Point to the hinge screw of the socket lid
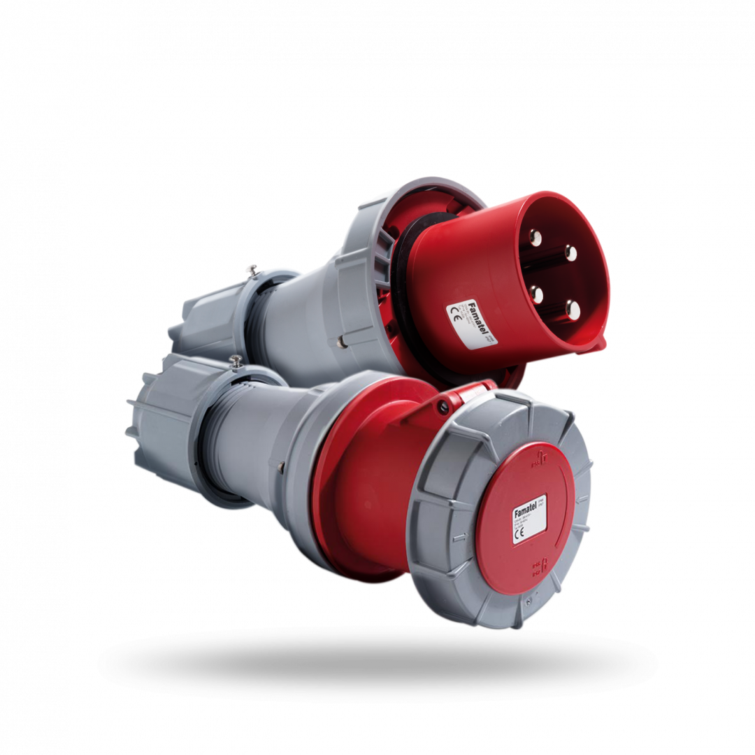click(x=442, y=404)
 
